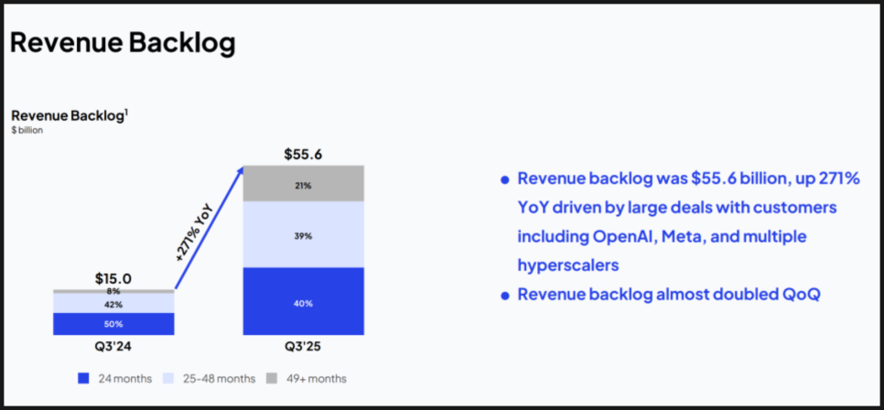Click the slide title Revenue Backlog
pyautogui.click(x=122, y=43)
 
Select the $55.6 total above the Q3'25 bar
pyautogui.click(x=303, y=155)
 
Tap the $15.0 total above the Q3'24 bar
pyautogui.click(x=113, y=278)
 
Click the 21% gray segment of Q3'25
pyautogui.click(x=303, y=185)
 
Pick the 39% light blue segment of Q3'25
pyautogui.click(x=303, y=235)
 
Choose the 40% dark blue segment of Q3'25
pyautogui.click(x=303, y=302)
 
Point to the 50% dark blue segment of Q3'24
pyautogui.click(x=113, y=324)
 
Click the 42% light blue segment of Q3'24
pyautogui.click(x=113, y=303)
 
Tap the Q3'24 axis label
pyautogui.click(x=113, y=347)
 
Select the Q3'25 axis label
pyautogui.click(x=303, y=347)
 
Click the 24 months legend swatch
pyautogui.click(x=83, y=378)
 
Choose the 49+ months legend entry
pyautogui.click(x=307, y=378)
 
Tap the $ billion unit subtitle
pyautogui.click(x=27, y=130)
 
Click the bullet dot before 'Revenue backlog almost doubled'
pyautogui.click(x=504, y=296)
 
